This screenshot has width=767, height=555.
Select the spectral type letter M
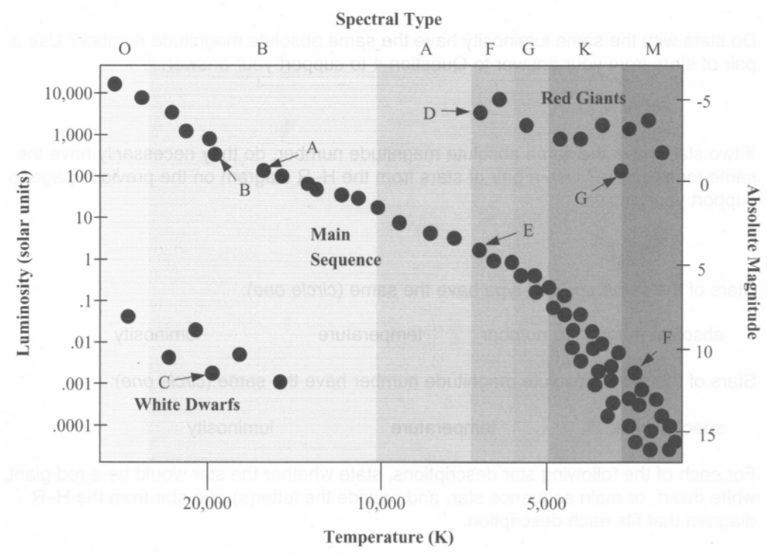653,50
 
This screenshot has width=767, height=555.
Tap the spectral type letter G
528,50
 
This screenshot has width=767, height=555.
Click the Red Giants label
583,97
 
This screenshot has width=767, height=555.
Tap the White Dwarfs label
187,404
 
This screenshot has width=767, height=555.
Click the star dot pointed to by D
480,112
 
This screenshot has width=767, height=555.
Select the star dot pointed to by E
480,250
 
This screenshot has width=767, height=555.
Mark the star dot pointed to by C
212,372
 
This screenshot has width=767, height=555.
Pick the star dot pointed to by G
621,171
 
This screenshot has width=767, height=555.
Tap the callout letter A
312,146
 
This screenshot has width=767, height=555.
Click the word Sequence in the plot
346,260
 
